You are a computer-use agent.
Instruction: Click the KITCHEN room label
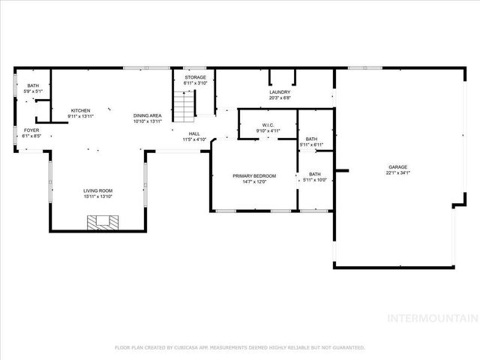pyautogui.click(x=80, y=110)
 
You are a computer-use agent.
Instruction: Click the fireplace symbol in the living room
pyautogui.click(x=101, y=222)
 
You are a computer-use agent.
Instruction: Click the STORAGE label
pyautogui.click(x=195, y=77)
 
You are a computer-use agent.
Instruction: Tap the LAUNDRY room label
pyautogui.click(x=280, y=92)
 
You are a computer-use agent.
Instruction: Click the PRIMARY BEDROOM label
pyautogui.click(x=254, y=176)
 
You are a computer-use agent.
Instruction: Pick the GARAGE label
pyautogui.click(x=397, y=167)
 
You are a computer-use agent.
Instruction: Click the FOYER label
pyautogui.click(x=31, y=130)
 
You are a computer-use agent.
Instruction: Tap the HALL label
pyautogui.click(x=194, y=133)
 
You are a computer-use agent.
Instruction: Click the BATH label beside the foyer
pyautogui.click(x=32, y=86)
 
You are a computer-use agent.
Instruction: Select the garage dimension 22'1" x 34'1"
pyautogui.click(x=397, y=173)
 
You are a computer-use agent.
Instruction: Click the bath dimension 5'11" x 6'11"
pyautogui.click(x=311, y=144)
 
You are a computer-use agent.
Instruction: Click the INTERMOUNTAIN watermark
pyautogui.click(x=430, y=318)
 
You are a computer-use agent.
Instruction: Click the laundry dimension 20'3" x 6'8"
pyautogui.click(x=280, y=97)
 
